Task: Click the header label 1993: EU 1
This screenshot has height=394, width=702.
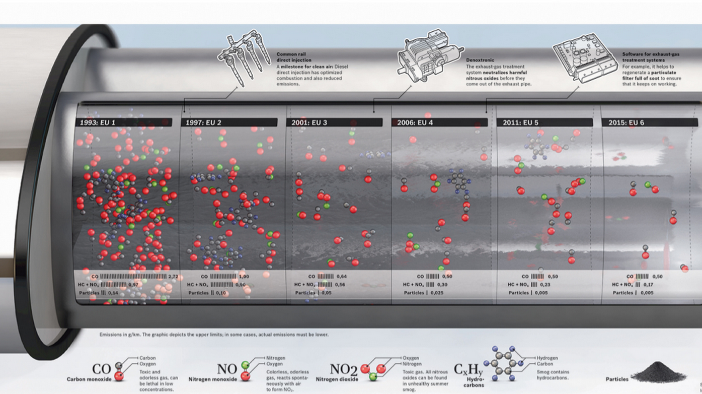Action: [x=98, y=122]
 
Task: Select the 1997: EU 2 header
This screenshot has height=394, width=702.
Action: [x=203, y=122]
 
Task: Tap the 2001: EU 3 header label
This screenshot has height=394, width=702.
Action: [x=309, y=122]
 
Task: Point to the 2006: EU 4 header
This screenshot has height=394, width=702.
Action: [x=415, y=122]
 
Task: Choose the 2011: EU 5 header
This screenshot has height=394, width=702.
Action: [x=520, y=122]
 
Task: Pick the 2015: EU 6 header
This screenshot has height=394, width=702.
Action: [x=626, y=122]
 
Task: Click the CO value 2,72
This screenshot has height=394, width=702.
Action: [x=173, y=277]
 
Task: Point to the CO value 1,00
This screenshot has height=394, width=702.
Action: [x=244, y=277]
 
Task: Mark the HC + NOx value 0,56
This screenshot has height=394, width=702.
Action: [x=340, y=285]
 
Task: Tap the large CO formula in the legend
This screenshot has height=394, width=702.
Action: [x=101, y=370]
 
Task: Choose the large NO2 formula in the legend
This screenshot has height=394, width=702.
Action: [x=344, y=370]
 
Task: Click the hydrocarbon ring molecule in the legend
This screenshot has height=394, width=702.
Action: [x=504, y=363]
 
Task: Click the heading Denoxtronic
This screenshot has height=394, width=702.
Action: [x=480, y=60]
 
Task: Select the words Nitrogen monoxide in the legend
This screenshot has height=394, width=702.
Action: [x=212, y=379]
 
